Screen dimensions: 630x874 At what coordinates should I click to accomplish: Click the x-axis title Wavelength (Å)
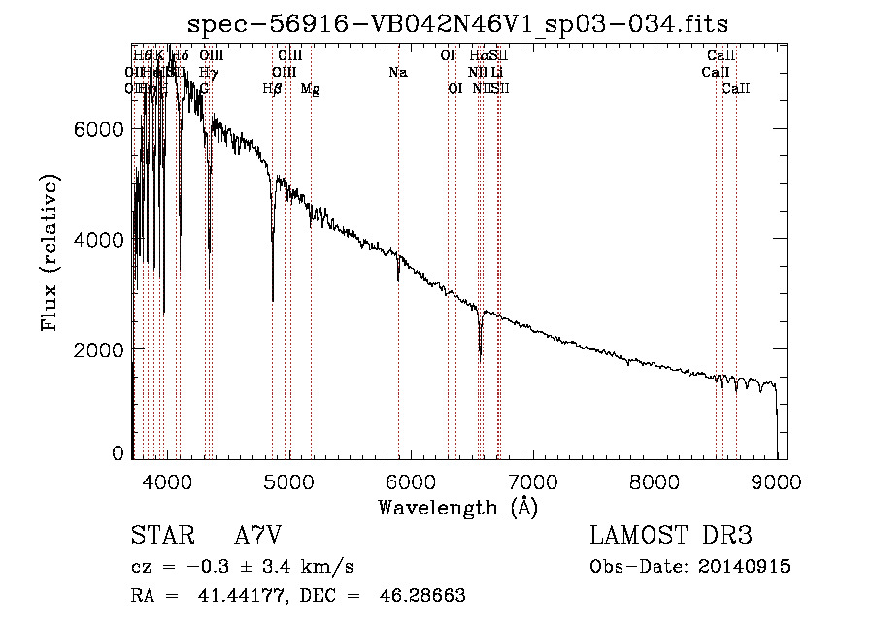click(457, 507)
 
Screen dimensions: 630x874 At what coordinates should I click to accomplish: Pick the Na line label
click(397, 73)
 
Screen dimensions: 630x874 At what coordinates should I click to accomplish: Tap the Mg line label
click(310, 89)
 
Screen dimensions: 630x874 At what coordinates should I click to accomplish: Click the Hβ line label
click(272, 89)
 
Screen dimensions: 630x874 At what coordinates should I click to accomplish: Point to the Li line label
click(496, 73)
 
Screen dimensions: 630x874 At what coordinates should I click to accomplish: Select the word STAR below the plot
click(157, 536)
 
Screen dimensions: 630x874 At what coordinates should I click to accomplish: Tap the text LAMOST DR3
click(671, 536)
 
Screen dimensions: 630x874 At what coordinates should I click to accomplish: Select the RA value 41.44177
click(214, 595)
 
